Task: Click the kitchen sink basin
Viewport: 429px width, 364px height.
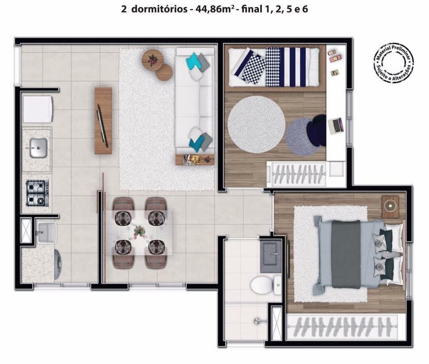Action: tap(38, 148)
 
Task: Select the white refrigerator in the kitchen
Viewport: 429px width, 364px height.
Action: tap(38, 109)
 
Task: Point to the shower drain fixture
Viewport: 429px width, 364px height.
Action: tap(257, 321)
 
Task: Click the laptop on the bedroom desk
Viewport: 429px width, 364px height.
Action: tap(335, 125)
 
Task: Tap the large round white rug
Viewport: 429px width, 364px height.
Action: tap(257, 124)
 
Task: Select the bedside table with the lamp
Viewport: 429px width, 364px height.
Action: tap(390, 207)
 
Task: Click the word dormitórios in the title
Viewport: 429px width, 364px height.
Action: tap(159, 9)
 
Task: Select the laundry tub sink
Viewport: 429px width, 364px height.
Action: tap(47, 233)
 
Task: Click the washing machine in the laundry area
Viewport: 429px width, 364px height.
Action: tap(58, 264)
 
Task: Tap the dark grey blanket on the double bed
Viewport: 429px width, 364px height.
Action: tap(346, 254)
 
